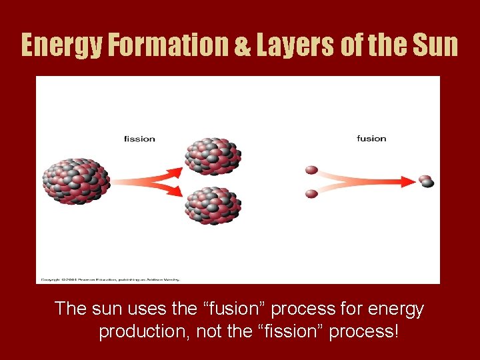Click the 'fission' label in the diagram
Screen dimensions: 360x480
[x=139, y=139]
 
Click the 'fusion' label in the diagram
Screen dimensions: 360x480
[x=371, y=139]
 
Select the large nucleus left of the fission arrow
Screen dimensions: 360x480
[x=75, y=181]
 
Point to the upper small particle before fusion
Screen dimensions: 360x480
[x=311, y=171]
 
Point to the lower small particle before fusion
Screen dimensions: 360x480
[x=311, y=193]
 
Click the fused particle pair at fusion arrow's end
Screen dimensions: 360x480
[x=426, y=181]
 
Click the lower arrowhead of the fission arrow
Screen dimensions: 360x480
[x=174, y=191]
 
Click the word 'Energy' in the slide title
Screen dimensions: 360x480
[x=60, y=45]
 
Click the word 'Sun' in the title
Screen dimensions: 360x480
[x=435, y=45]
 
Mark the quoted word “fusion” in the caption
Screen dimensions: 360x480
[x=227, y=309]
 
